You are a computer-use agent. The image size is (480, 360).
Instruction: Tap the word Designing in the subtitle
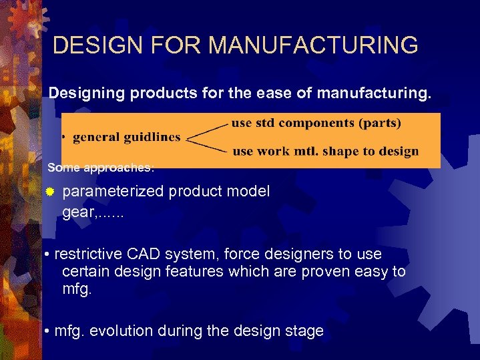tap(86, 94)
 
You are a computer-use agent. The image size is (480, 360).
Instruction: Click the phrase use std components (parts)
tap(316, 123)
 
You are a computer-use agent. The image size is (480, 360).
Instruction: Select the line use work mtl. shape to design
tap(325, 152)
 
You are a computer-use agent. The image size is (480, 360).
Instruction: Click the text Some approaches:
tap(101, 166)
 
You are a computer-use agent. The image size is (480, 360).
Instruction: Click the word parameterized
tap(113, 192)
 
